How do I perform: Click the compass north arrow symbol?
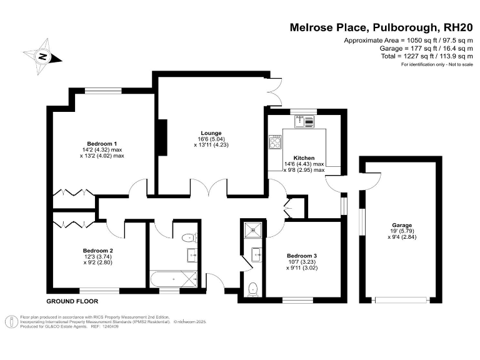(x=42, y=56)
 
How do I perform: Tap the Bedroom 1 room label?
(x=102, y=143)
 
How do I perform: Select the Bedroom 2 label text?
(x=98, y=251)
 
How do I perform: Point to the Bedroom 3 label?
(x=302, y=256)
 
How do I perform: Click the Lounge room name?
(x=212, y=132)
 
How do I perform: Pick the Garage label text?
(x=402, y=225)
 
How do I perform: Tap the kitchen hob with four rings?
(x=275, y=142)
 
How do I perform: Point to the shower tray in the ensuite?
(x=254, y=229)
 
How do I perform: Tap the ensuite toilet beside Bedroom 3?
(x=252, y=289)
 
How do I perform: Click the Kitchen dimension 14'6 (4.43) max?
(x=304, y=164)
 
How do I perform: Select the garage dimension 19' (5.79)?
(x=402, y=231)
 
